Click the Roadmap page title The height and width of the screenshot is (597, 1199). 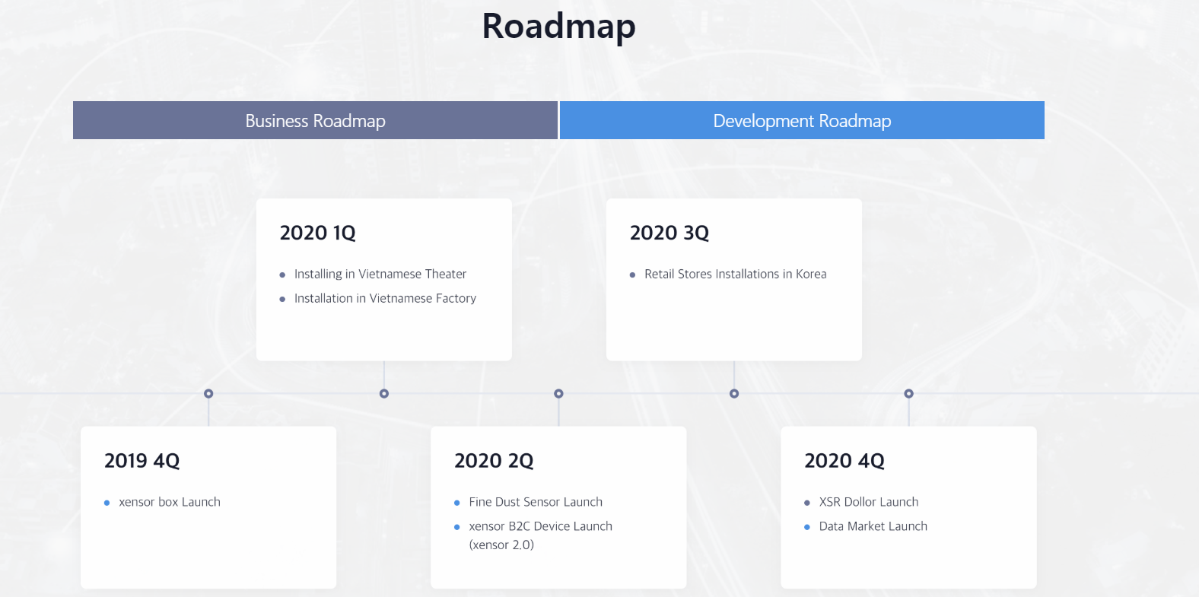[559, 26]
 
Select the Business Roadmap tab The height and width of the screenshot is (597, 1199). [315, 120]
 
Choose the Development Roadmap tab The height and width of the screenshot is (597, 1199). [802, 120]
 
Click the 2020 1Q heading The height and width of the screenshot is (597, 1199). [317, 233]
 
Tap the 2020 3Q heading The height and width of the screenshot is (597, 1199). [669, 233]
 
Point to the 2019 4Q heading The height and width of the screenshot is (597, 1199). [142, 461]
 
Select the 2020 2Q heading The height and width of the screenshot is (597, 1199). [494, 461]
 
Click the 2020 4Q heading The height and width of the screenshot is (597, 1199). [844, 461]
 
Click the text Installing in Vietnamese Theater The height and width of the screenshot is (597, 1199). [380, 274]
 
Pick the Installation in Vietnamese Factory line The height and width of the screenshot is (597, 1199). [385, 298]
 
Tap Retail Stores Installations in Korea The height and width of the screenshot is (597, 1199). [735, 274]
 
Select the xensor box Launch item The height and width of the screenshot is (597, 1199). [169, 502]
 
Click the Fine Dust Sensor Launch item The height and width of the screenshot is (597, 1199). [536, 502]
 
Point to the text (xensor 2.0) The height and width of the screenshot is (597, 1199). [501, 545]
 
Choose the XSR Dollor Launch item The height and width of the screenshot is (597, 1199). [868, 502]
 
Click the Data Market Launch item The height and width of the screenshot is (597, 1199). [873, 526]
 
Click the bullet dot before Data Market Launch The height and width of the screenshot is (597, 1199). [807, 527]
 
